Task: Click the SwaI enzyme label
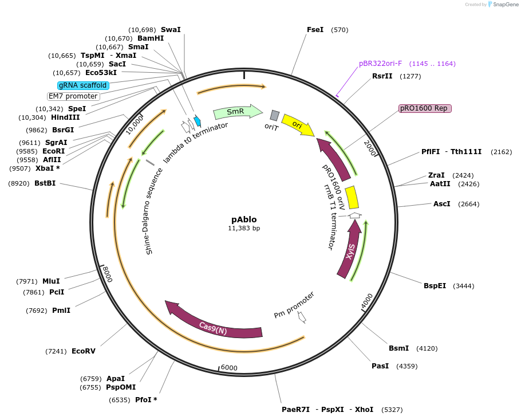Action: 171,29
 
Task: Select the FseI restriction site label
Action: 315,30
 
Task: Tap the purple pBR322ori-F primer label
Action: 380,64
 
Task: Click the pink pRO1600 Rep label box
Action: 425,108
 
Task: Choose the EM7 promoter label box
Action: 73,96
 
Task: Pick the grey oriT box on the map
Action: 275,116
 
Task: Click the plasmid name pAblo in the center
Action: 244,219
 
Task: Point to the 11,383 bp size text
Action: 244,229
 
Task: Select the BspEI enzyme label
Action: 435,285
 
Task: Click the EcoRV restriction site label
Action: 84,351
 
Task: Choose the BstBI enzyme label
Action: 45,183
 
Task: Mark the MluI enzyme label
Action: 51,281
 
